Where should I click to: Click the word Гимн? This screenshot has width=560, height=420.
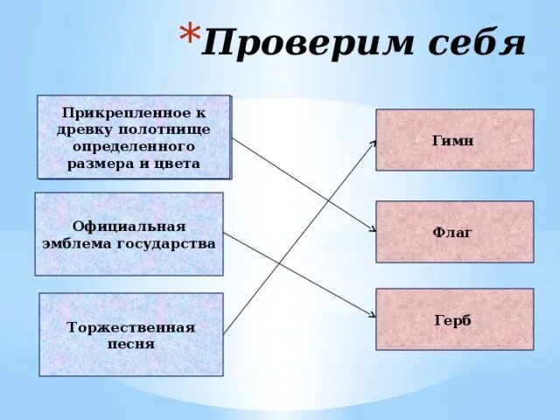453,140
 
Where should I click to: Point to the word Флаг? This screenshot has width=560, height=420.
453,233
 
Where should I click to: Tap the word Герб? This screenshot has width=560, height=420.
453,320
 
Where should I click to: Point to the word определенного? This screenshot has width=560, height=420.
134,147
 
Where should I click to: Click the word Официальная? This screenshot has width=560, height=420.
129,226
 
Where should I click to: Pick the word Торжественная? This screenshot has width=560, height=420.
131,327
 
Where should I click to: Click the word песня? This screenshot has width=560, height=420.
132,344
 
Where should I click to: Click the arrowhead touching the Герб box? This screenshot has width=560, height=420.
373,317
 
